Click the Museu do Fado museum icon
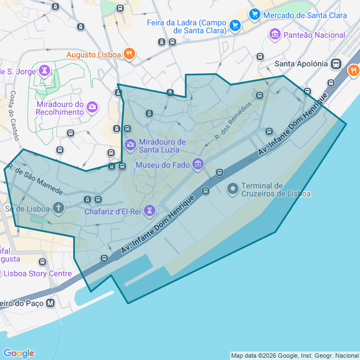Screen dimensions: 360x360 click(197, 165)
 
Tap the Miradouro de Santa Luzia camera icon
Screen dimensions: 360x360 click(130, 146)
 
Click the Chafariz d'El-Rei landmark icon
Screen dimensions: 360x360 click(149, 211)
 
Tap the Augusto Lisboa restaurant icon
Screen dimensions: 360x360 click(129, 55)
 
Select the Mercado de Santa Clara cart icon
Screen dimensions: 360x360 click(254, 15)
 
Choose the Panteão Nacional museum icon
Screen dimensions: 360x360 click(275, 35)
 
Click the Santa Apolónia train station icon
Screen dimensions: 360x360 click(336, 64)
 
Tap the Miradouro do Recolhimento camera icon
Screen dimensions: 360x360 click(92, 106)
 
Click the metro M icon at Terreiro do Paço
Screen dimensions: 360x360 click(51, 303)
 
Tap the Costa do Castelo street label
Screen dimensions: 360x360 click(12, 112)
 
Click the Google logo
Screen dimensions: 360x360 click(19, 353)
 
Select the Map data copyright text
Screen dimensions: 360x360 click(294, 355)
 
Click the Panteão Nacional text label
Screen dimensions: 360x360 click(314, 35)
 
